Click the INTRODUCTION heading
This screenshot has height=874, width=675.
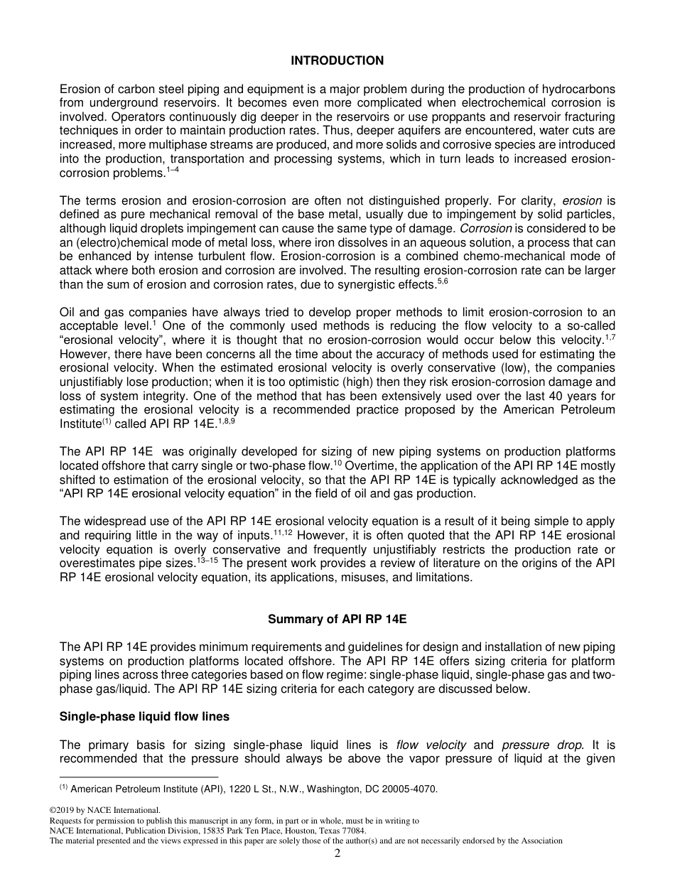coord(337,61)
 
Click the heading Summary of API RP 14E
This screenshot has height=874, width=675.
coord(337,619)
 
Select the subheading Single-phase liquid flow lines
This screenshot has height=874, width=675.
coord(144,716)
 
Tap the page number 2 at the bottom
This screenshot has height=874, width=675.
coord(337,853)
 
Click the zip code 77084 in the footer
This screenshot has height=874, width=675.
coord(353,830)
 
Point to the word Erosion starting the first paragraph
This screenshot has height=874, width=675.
coord(79,90)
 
